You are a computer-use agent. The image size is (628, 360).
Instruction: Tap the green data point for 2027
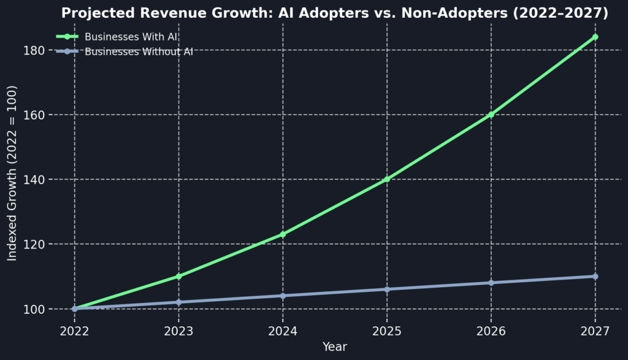tap(595, 37)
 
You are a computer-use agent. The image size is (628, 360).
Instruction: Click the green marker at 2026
tap(491, 114)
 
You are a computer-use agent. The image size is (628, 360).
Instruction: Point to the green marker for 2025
tap(387, 179)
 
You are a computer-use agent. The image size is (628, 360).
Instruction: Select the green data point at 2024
tap(283, 234)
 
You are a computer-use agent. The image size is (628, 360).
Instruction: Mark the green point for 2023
tap(178, 276)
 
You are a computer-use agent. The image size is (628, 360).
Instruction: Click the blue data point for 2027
tap(595, 276)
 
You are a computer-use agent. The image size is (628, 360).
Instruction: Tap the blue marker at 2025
tap(387, 289)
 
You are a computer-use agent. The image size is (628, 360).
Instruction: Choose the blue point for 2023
tap(178, 302)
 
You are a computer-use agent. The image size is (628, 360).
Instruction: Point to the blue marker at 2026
tap(491, 283)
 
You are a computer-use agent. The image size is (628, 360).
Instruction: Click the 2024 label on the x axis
tap(283, 331)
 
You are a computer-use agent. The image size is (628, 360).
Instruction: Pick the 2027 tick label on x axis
tap(595, 331)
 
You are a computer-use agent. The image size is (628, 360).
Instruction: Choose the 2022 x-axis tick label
tap(75, 331)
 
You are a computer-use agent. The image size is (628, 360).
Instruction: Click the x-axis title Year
tap(335, 347)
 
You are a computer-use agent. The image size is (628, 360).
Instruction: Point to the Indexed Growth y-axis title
tap(12, 173)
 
